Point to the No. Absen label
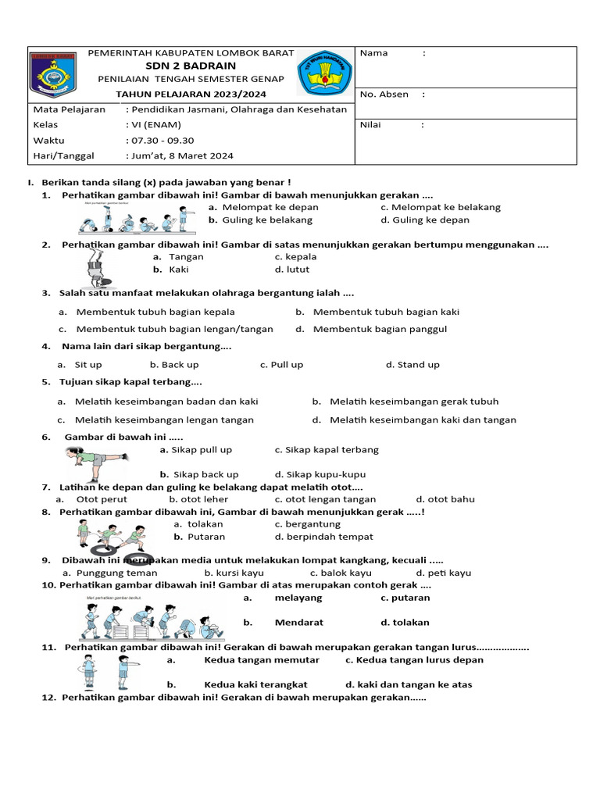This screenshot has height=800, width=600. [x=384, y=95]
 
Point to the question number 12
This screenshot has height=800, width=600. [x=50, y=698]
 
